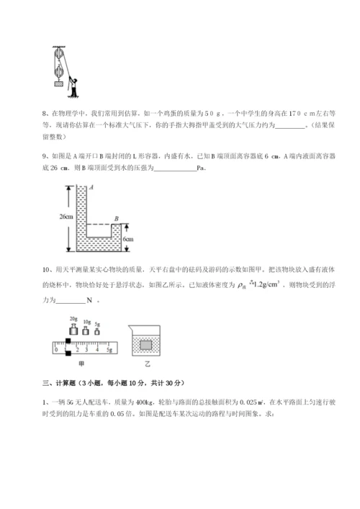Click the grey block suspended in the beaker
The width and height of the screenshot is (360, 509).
(x=148, y=344)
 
